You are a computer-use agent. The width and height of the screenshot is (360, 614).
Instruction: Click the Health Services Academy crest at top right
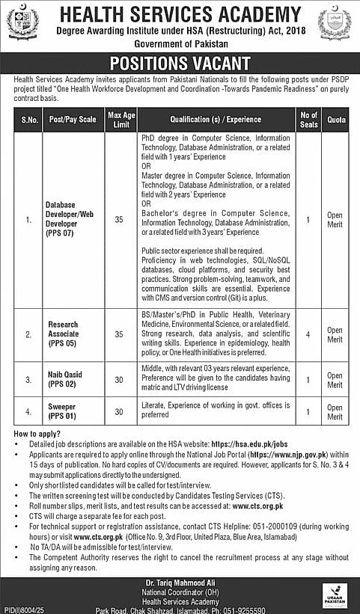[338, 25]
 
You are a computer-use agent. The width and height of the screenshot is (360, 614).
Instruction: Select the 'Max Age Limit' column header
[120, 119]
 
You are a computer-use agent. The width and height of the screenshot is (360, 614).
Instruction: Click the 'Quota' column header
[335, 119]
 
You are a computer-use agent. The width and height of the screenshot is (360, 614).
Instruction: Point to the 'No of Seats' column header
[308, 119]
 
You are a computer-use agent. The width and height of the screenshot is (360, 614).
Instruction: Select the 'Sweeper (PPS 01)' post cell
[64, 412]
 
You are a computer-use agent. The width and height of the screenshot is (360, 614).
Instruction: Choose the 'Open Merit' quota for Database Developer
[335, 220]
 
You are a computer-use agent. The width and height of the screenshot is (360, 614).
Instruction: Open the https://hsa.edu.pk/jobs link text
[256, 445]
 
